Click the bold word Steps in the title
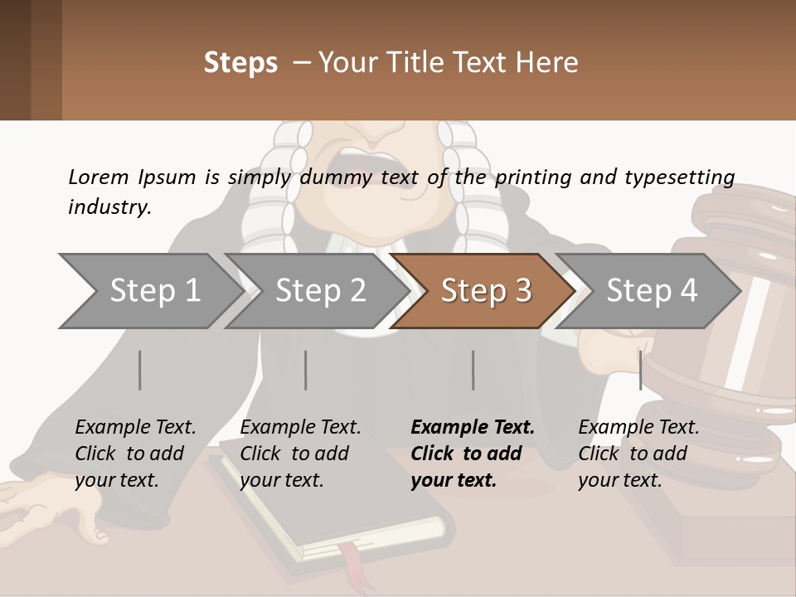coord(240,63)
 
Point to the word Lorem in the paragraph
coord(99,177)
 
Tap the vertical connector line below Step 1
coord(139,370)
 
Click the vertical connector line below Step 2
coord(305,370)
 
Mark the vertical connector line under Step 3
coord(473,370)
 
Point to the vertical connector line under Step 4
coord(640,370)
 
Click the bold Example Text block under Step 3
coord(473,454)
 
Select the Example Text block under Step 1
coord(135,454)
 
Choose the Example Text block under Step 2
coord(300,454)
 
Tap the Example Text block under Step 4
coord(638,454)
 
